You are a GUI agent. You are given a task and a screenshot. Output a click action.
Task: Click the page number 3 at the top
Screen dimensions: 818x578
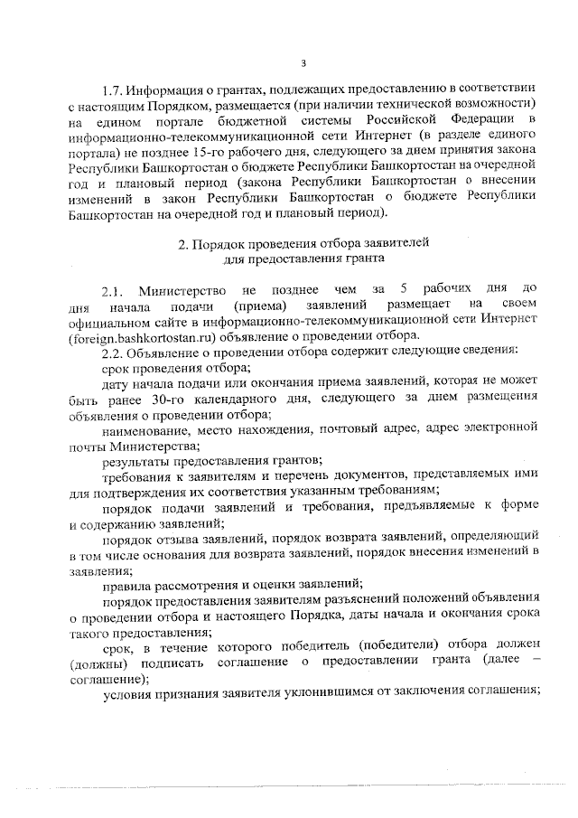tap(303, 62)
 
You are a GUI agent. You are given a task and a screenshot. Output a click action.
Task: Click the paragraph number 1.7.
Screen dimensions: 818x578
tap(113, 90)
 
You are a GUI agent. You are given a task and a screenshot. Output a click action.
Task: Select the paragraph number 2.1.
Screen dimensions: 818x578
tap(116, 291)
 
